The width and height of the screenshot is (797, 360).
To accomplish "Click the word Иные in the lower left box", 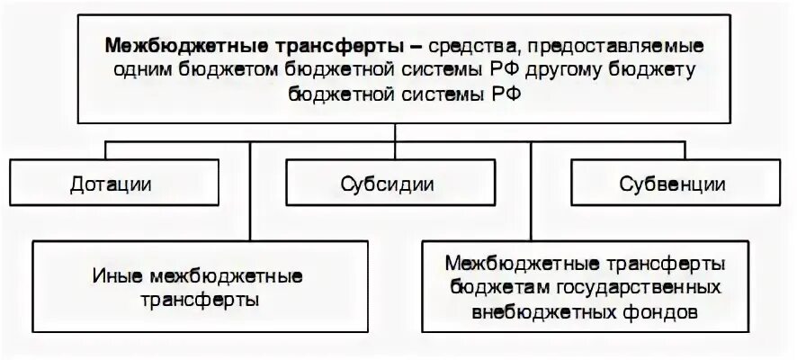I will click(x=112, y=274).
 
